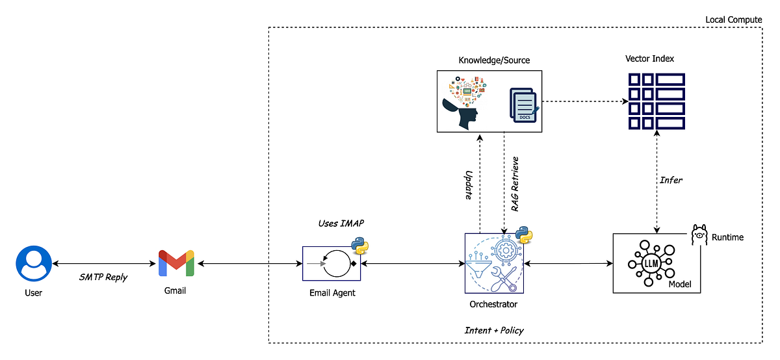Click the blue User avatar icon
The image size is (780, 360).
click(34, 264)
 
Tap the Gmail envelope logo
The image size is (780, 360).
click(176, 263)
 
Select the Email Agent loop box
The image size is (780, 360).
click(331, 264)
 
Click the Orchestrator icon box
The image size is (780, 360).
click(494, 264)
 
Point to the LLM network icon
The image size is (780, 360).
click(651, 263)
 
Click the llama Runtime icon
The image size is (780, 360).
click(699, 235)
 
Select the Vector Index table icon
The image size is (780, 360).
click(656, 101)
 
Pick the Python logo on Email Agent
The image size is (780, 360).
click(360, 246)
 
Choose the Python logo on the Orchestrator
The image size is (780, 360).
click(524, 235)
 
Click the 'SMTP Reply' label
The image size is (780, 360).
click(103, 277)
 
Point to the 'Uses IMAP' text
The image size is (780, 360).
click(341, 223)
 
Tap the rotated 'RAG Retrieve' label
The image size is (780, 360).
click(515, 184)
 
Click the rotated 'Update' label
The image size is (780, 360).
click(469, 185)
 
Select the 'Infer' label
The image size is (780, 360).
click(671, 180)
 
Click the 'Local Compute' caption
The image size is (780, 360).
click(734, 20)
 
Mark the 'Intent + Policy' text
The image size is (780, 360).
click(494, 330)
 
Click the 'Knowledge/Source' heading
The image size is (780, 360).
click(494, 60)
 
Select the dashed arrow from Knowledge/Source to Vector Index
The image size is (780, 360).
click(586, 101)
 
